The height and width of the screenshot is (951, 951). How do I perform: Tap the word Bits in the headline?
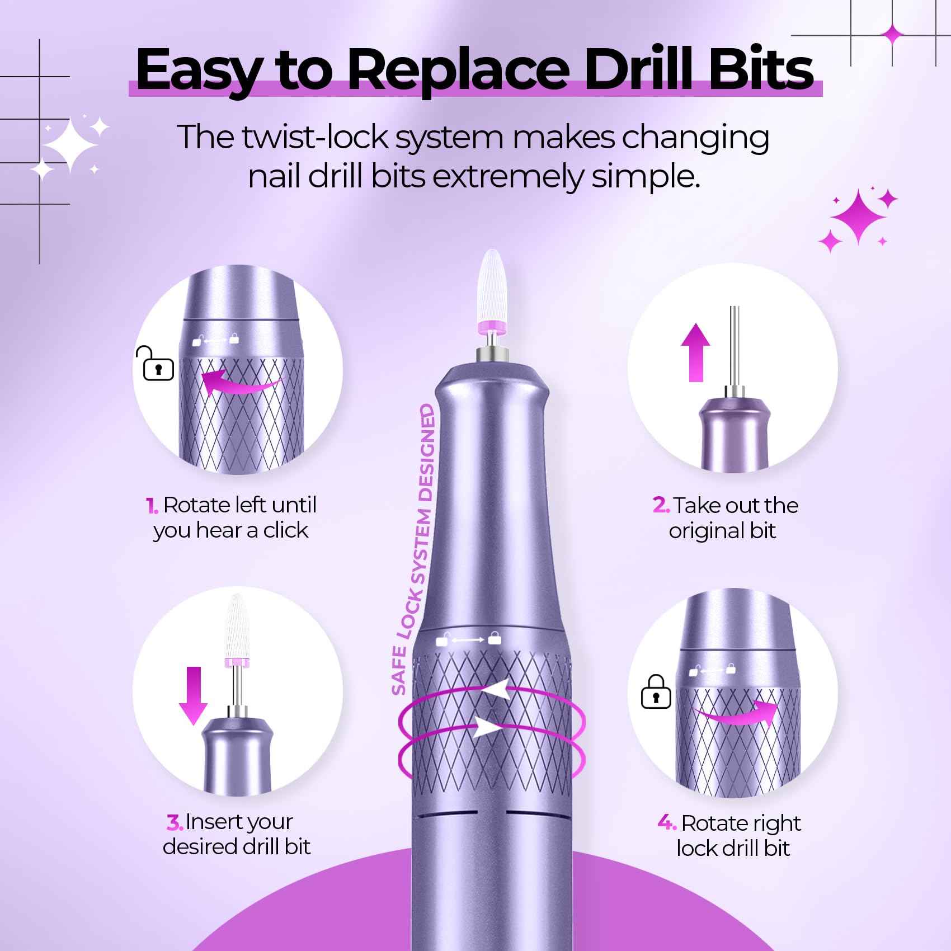[750, 70]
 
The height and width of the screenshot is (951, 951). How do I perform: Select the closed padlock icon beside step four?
[656, 692]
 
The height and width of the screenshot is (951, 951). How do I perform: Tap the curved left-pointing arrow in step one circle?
[241, 384]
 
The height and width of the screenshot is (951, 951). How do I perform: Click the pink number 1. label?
[152, 506]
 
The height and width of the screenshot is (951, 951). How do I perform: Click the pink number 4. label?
[667, 823]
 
